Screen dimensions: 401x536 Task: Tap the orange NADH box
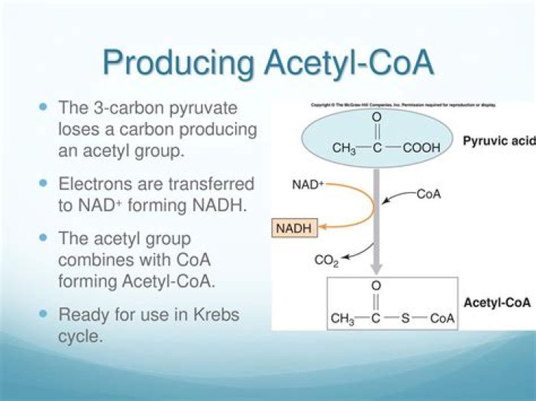294,228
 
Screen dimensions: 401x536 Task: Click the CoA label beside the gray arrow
429,195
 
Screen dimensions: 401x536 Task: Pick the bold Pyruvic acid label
498,141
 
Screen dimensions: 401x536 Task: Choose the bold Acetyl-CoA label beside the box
497,303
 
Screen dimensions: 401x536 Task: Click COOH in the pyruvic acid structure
421,148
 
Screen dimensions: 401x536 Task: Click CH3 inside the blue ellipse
344,148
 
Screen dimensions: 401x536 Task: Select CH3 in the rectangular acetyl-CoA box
342,319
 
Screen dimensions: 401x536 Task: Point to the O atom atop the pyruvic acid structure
377,118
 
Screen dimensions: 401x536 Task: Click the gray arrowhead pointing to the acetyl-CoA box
377,271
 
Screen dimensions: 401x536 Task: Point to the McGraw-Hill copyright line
403,105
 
